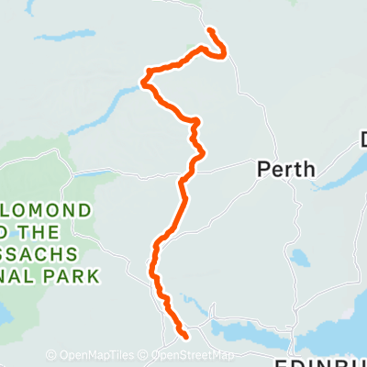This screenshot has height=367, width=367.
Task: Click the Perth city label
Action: pos(285,169)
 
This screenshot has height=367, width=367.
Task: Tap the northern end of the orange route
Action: pos(211,31)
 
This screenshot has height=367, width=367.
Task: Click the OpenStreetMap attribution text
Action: pos(192,355)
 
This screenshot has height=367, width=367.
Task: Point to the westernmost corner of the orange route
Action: pos(142,83)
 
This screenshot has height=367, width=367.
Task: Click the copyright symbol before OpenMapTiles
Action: pos(51,355)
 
